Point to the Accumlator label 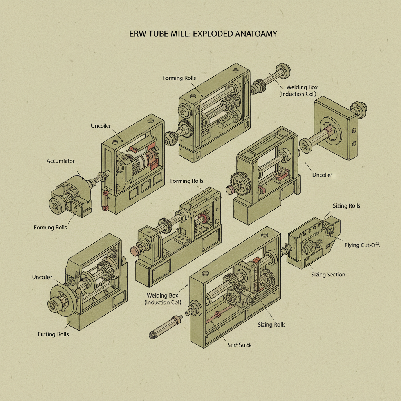(60, 161)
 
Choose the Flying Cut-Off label (362, 245)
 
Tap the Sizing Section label (328, 275)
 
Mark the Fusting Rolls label (53, 334)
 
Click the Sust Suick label (240, 345)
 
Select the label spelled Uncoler (42, 277)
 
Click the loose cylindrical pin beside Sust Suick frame (164, 327)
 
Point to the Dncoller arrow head (305, 165)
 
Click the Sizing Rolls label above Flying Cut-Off (346, 206)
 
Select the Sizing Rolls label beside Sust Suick (271, 325)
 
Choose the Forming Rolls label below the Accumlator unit (51, 227)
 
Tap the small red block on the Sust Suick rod (217, 313)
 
